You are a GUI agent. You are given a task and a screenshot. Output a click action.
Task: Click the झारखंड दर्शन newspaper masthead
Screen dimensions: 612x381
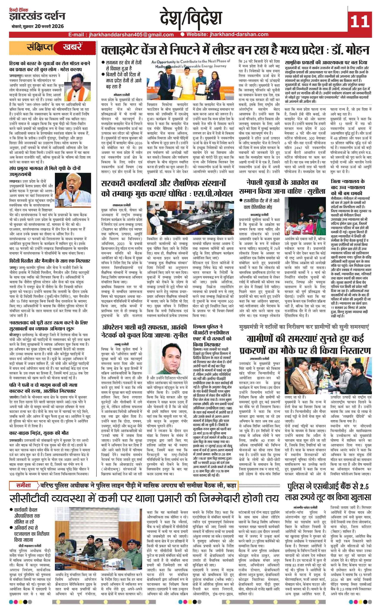[37, 17]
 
